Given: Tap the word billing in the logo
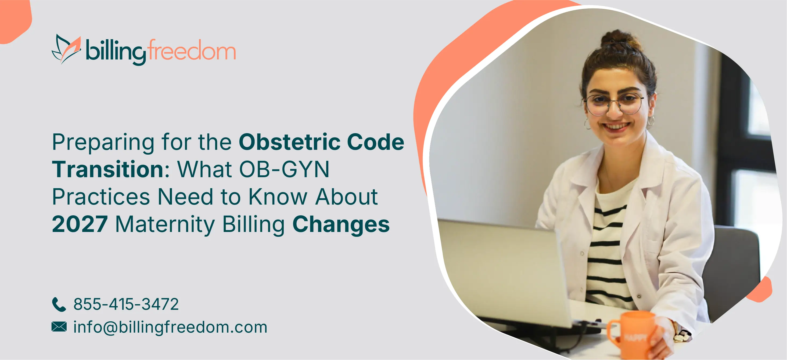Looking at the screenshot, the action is pos(116,52).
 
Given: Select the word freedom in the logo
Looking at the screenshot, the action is pos(192,49).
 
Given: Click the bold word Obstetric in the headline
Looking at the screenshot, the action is pos(289,142).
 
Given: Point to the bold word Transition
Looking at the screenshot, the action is pos(108,169).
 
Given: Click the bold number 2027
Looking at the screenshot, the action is pos(80,224).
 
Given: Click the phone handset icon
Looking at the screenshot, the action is pos(59,304).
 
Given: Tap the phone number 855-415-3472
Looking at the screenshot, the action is pos(126,304).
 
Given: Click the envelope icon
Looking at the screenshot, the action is pos(59,327).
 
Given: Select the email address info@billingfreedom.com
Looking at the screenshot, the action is pos(170,327).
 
